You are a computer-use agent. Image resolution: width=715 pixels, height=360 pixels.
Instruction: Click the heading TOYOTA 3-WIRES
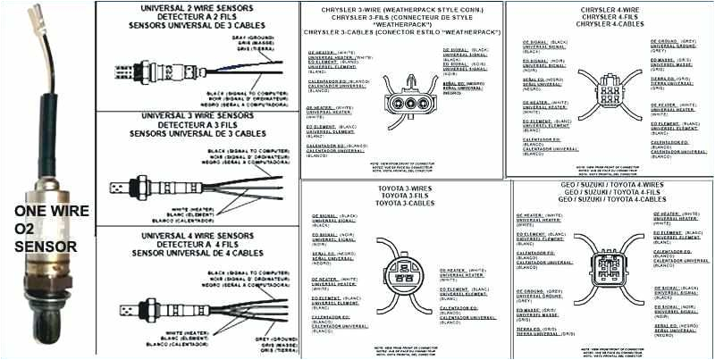tap(404, 190)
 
